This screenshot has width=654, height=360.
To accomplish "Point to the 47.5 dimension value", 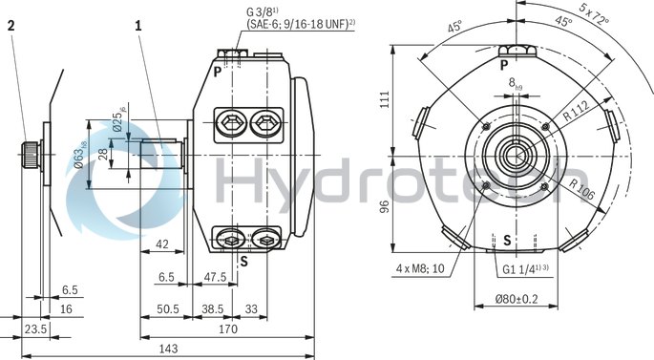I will coord(215,277).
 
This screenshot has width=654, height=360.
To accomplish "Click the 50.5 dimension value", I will coord(169,309).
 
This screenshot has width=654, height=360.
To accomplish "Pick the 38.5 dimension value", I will coord(213,309).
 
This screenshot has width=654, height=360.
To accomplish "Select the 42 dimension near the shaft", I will coord(161,244).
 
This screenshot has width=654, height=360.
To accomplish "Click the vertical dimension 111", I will coord(385,99).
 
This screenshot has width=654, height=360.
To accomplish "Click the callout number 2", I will coord(11,27).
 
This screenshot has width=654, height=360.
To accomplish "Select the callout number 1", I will coord(138,27).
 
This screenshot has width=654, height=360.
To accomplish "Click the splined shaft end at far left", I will coord(31,153).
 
